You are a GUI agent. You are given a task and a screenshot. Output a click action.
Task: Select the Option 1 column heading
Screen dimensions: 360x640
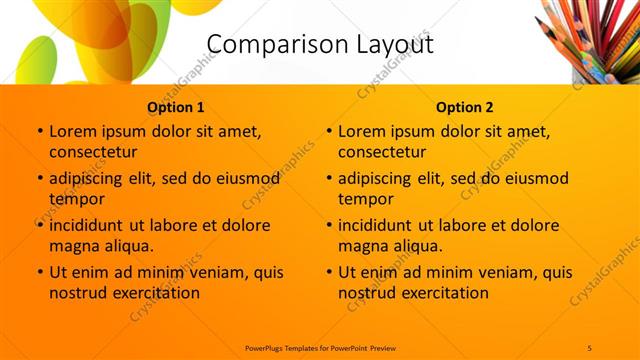tap(176, 107)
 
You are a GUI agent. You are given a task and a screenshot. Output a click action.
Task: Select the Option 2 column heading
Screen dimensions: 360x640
tap(465, 107)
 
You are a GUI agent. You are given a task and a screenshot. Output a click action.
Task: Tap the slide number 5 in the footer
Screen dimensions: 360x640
tap(590, 346)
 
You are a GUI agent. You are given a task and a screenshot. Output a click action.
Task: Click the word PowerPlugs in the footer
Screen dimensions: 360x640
tap(268, 346)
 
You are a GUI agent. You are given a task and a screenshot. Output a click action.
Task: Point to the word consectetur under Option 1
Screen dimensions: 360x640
tap(93, 152)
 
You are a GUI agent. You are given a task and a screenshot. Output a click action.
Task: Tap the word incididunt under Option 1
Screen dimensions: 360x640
tap(93, 225)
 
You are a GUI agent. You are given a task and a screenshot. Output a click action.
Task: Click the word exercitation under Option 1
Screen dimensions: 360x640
tap(154, 293)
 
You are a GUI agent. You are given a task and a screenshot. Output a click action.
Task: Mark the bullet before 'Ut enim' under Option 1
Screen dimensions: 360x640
tap(39, 272)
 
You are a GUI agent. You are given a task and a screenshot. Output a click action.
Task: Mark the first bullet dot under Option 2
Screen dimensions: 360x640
tap(328, 131)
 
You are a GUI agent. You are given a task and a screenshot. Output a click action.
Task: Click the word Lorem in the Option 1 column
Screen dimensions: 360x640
tap(72, 131)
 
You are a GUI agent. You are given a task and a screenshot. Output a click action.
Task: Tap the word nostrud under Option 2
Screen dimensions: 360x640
tap(369, 293)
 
